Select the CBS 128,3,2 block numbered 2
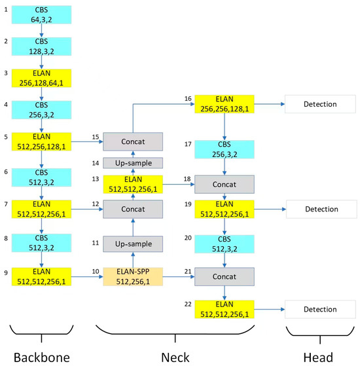click(41, 46)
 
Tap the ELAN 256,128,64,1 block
click(41, 79)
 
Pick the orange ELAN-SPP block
click(132, 277)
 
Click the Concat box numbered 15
click(132, 140)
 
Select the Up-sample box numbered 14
click(132, 163)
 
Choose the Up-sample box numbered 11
click(132, 244)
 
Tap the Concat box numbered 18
click(225, 184)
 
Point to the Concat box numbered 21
click(225, 277)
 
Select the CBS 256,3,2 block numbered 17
click(225, 148)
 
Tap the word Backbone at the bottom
click(41, 357)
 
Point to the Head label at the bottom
click(318, 357)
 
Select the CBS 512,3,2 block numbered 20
click(225, 244)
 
